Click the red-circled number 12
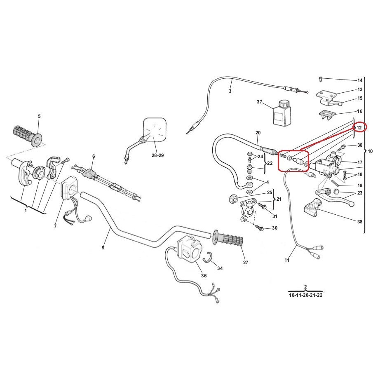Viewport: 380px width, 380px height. [x=359, y=127]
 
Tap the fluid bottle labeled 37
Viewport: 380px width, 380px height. [x=282, y=113]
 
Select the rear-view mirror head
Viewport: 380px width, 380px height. [x=155, y=130]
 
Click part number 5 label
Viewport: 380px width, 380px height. [x=39, y=116]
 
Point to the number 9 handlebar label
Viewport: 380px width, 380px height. [x=103, y=248]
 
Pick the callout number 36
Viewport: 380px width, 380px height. [x=204, y=276]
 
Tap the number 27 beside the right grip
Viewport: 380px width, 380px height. [x=246, y=263]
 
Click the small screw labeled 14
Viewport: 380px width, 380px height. [x=320, y=79]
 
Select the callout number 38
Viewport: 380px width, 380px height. [x=360, y=222]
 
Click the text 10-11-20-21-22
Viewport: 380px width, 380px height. [x=305, y=295]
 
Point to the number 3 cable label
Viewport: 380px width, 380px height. [x=230, y=91]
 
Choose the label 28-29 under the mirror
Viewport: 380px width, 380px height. [x=158, y=155]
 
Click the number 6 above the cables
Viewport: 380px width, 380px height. [x=94, y=156]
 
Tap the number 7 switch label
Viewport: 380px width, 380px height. [x=55, y=226]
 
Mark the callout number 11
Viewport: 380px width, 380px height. [x=287, y=260]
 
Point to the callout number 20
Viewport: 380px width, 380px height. [x=258, y=133]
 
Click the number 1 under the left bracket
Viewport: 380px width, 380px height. [x=26, y=211]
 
